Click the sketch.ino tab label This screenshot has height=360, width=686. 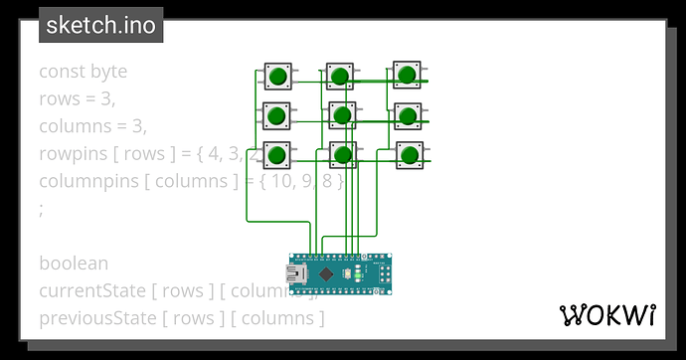(x=101, y=25)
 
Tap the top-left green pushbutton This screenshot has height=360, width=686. (x=277, y=76)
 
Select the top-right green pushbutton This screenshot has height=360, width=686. (x=407, y=75)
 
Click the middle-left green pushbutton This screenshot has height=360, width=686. (x=277, y=115)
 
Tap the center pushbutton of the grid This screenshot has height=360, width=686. (x=342, y=115)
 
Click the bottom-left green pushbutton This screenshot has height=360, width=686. (x=277, y=154)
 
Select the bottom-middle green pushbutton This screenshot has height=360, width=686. (x=342, y=154)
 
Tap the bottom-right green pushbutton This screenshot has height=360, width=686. (x=407, y=153)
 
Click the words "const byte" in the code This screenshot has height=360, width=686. (x=83, y=72)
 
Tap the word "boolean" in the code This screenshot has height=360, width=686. (x=74, y=264)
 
